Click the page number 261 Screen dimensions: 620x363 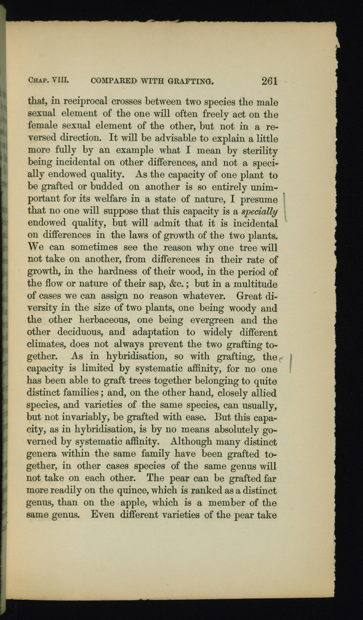coord(269,81)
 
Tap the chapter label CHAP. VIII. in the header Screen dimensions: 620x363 coord(49,81)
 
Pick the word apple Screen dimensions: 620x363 coord(134,503)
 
